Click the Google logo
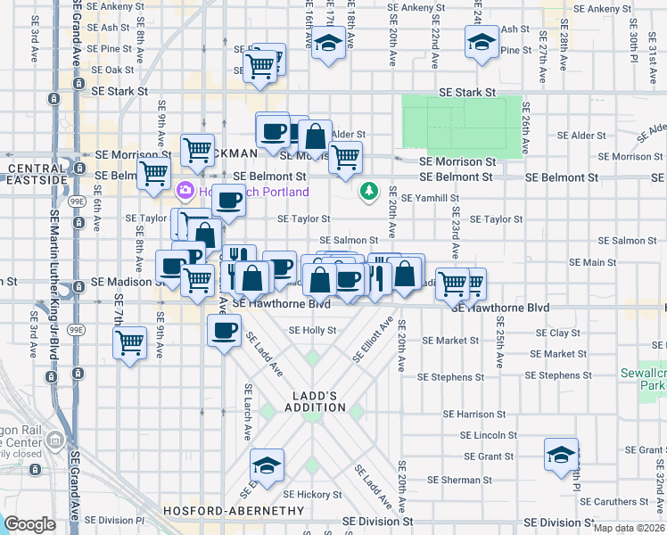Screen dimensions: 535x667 pyautogui.click(x=29, y=524)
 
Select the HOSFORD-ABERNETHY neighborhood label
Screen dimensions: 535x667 pyautogui.click(x=222, y=510)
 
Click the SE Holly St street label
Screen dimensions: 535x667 pyautogui.click(x=312, y=330)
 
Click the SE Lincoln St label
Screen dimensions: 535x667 pyautogui.click(x=489, y=435)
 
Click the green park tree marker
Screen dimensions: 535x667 pyautogui.click(x=368, y=191)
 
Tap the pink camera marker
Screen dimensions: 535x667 pyautogui.click(x=185, y=189)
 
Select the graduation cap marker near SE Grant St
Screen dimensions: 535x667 pyautogui.click(x=561, y=456)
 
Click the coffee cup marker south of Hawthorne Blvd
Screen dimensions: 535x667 pyautogui.click(x=224, y=331)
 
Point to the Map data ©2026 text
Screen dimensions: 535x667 pyautogui.click(x=628, y=527)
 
